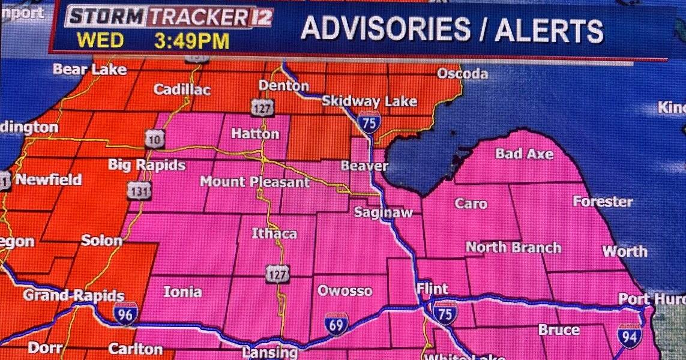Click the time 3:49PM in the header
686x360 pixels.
point(192,41)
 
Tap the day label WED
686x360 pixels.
point(100,41)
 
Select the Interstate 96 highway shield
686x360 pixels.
point(125,314)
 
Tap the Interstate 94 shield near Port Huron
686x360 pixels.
point(629,335)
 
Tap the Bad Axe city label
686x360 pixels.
point(524,154)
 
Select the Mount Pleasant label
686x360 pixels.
point(254,181)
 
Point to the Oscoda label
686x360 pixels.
point(462,74)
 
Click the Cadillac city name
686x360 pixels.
point(182,90)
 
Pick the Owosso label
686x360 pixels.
point(345,292)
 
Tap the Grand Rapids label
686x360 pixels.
point(73,295)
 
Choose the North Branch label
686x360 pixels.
point(513,247)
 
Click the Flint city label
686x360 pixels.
point(432,289)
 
